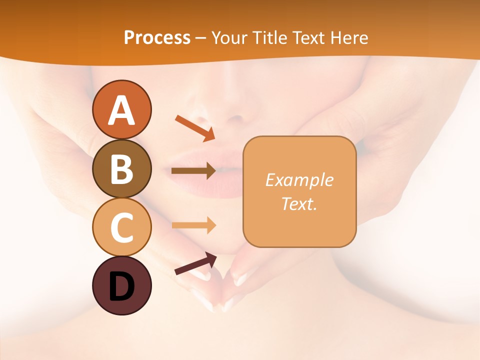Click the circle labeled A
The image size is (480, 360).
(x=121, y=109)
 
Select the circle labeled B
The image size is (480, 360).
(x=121, y=168)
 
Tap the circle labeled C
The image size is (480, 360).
(x=121, y=227)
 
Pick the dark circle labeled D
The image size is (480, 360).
(x=121, y=285)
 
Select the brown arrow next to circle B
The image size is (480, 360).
(x=193, y=171)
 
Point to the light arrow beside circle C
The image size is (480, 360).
(x=193, y=225)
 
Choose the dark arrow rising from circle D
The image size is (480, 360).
(x=195, y=263)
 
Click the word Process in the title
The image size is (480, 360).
(x=157, y=37)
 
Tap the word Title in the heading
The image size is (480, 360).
(x=267, y=37)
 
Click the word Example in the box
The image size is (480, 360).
(x=299, y=180)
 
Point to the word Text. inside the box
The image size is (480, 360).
(x=299, y=203)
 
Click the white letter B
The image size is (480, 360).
(x=121, y=168)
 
